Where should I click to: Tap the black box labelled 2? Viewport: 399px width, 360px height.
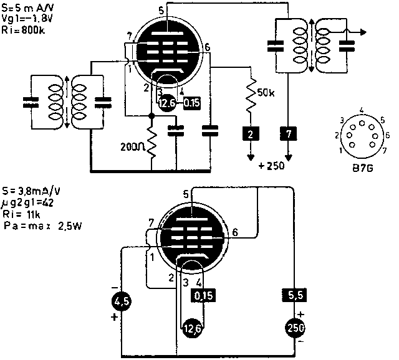pos(250,133)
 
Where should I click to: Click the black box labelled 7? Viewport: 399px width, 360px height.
pos(287,133)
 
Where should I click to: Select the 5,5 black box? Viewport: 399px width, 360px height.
pos(292,295)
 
